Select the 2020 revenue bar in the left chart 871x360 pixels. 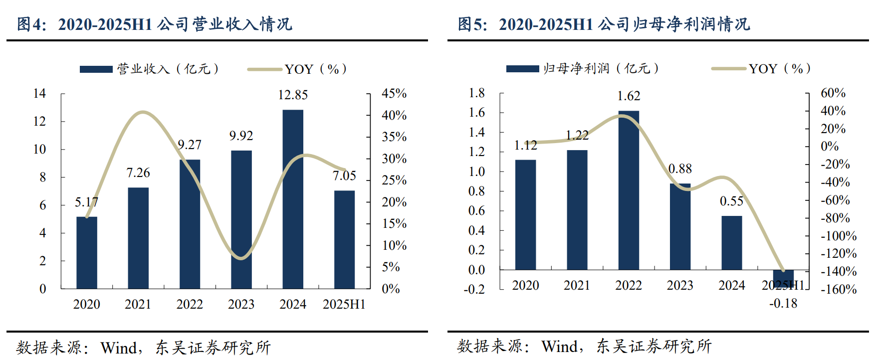coord(87,252)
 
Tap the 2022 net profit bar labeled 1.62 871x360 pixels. coord(629,190)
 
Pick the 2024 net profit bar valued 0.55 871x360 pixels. coord(731,243)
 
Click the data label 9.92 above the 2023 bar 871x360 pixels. coord(241,136)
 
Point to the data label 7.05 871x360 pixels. coord(344,176)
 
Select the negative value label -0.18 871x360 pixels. coord(783,303)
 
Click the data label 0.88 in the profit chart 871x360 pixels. coord(680,169)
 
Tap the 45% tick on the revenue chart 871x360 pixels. coord(394,93)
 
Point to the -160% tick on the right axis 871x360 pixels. coord(839,289)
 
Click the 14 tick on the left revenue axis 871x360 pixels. coord(39,93)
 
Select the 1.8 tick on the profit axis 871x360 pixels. coord(476,93)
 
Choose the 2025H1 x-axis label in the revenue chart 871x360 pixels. coord(344,304)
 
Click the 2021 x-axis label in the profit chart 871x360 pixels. coord(577,285)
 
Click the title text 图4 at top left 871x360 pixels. coord(31,24)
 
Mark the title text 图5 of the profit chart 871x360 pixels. coord(472,24)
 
